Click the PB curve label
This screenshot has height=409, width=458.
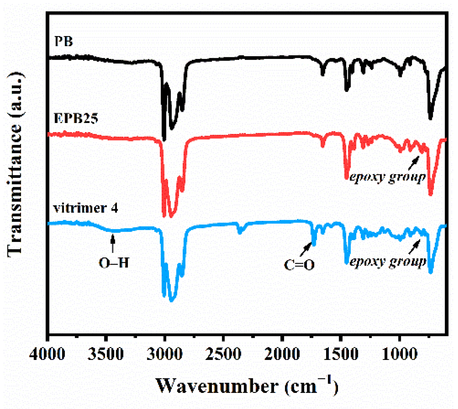(64, 41)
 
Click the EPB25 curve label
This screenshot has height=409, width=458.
(76, 118)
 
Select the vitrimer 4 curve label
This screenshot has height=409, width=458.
(86, 208)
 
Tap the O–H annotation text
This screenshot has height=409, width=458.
(114, 263)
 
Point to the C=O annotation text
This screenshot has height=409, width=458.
(299, 265)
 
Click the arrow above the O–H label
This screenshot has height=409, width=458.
(113, 244)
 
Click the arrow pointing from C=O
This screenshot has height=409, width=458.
(306, 249)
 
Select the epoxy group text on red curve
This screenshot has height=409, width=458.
(387, 177)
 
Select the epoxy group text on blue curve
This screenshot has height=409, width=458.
(388, 262)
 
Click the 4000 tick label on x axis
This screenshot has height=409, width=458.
(47, 354)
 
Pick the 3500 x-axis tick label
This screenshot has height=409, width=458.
(106, 354)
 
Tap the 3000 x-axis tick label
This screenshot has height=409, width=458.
(165, 354)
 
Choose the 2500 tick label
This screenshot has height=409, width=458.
(224, 354)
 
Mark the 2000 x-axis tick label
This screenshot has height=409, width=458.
(282, 354)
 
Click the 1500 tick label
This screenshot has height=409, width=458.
(341, 354)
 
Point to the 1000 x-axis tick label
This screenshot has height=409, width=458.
(399, 354)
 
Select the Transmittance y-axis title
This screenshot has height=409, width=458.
(15, 164)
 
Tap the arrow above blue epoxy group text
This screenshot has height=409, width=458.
(414, 246)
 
